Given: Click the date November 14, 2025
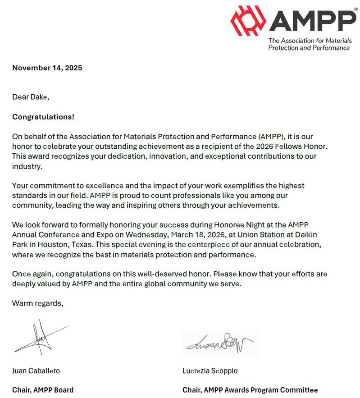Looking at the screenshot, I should coord(47,68).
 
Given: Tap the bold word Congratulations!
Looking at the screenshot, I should coord(43,117).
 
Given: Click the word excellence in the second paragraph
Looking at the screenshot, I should coord(95,186).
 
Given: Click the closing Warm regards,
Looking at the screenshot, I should coord(38,303).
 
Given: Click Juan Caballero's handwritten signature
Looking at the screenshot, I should coord(40,337).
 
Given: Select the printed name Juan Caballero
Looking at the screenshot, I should coord(36,371).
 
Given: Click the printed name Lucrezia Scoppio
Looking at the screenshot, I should coord(210,371).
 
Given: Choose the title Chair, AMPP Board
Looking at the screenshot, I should coord(43,390).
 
